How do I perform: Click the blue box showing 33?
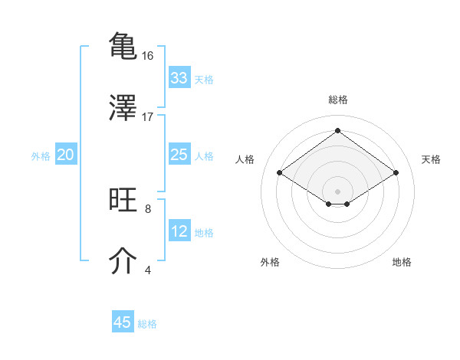179,78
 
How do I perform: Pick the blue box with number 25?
179,155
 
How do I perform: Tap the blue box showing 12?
179,231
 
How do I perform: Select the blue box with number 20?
65,155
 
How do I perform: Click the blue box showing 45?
123,322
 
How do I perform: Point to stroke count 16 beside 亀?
148,56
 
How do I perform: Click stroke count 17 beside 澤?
148,116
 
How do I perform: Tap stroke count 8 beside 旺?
148,208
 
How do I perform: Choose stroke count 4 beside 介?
148,270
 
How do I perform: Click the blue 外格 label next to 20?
41,155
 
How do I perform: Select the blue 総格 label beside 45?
147,323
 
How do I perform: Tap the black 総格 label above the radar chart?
337,100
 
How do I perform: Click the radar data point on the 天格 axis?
396,173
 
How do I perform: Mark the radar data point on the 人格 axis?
280,173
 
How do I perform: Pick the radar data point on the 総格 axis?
337,130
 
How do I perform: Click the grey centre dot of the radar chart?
337,191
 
